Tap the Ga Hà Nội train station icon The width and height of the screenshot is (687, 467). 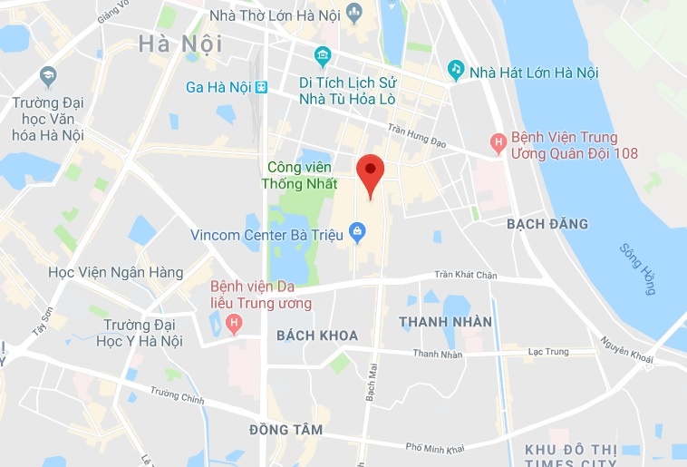click(261, 87)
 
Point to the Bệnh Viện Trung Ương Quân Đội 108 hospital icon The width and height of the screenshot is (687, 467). click(497, 141)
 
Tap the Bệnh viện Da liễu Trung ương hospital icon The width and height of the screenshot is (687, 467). click(235, 322)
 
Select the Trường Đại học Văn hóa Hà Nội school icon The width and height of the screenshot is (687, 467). click(47, 74)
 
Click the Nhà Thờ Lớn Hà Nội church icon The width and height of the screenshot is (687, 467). click(353, 14)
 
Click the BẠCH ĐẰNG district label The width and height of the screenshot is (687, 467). click(547, 224)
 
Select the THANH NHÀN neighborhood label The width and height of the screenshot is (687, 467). click(446, 322)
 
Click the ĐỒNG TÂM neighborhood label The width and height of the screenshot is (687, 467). click(286, 429)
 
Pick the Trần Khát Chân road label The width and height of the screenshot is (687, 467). click(466, 275)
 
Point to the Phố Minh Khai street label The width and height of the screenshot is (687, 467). click(436, 448)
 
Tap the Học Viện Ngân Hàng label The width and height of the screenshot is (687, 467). click(116, 273)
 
